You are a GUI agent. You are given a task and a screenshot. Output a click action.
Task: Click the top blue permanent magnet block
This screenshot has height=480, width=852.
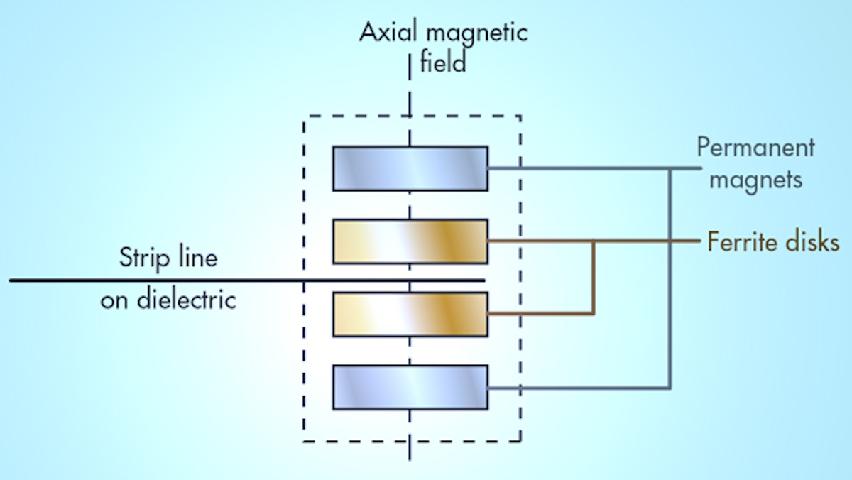[x=410, y=168]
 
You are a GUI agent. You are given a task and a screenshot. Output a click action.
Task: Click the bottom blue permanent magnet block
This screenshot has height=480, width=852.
[x=410, y=387]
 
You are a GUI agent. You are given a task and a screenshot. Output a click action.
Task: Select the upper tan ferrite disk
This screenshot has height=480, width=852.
[x=410, y=241]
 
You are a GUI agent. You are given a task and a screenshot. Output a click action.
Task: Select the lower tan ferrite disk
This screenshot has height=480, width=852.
[x=410, y=314]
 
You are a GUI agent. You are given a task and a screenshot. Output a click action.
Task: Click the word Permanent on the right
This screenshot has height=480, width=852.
[x=755, y=148]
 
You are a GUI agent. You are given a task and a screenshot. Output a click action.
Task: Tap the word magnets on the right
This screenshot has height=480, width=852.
[x=756, y=180]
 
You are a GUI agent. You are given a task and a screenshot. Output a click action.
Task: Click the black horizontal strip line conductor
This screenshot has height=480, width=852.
[x=213, y=280]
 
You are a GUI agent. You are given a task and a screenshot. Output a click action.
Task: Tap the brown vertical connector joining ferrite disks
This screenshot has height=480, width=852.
[x=594, y=278]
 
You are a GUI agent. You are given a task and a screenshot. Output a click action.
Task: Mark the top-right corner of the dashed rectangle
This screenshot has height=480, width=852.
[x=520, y=116]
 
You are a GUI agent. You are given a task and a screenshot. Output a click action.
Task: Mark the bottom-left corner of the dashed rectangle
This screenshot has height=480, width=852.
[x=304, y=442]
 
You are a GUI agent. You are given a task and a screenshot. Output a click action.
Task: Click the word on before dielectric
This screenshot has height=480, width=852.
[x=113, y=301]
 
